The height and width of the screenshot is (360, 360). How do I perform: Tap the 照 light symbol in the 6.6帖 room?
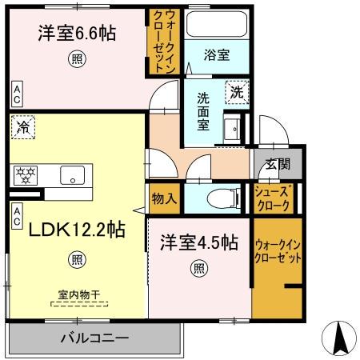click(76, 58)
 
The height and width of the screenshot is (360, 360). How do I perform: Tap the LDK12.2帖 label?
click(77, 230)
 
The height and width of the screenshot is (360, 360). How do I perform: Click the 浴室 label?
click(217, 55)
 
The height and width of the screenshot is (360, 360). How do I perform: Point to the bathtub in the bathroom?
click(217, 24)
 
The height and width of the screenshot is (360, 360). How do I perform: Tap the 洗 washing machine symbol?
click(237, 93)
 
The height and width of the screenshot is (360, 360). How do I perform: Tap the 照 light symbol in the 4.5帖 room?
click(197, 269)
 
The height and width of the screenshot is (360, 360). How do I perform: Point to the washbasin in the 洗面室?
click(234, 129)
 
